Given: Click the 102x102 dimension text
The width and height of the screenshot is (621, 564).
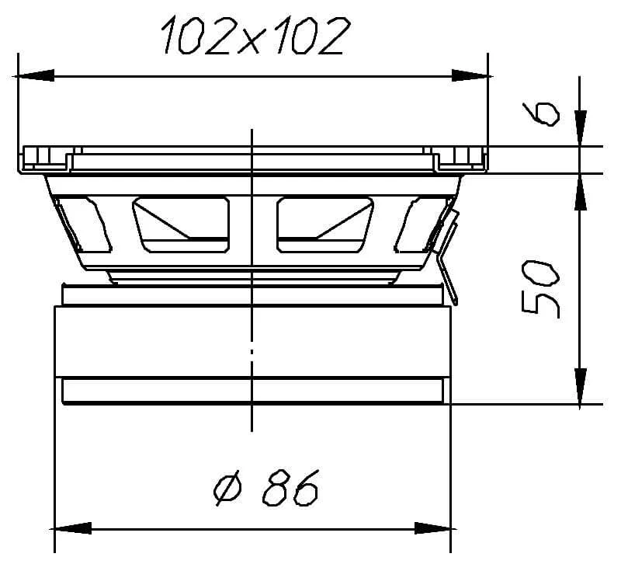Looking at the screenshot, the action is tap(256, 35).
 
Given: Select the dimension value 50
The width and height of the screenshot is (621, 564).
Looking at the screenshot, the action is tap(540, 289).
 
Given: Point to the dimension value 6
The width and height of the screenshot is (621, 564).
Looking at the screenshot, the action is tap(541, 114).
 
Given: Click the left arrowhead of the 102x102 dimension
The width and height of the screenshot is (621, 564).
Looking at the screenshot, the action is tap(33, 75).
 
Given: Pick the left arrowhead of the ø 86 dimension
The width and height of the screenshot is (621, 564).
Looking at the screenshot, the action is tap(71, 528).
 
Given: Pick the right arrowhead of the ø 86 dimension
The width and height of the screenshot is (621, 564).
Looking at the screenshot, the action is tap(434, 528).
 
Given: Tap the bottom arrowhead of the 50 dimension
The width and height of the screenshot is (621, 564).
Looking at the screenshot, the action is tap(580, 386).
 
